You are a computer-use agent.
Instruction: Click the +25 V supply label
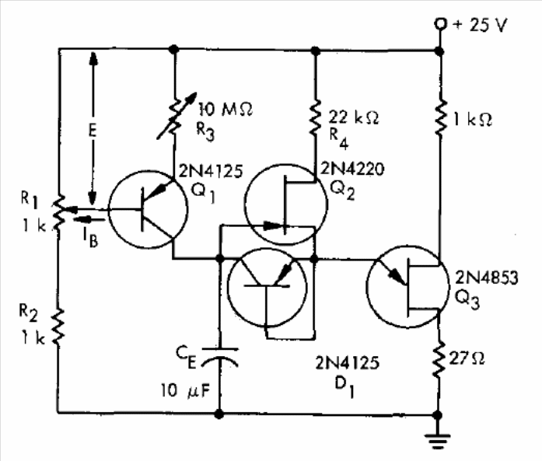[480, 25]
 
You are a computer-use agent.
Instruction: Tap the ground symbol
[438, 440]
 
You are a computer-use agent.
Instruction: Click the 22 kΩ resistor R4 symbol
[315, 118]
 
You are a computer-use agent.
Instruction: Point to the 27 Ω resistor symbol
[439, 359]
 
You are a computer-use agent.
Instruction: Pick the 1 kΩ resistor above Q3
[440, 117]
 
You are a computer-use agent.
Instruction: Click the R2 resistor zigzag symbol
[59, 327]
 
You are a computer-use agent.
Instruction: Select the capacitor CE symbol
[219, 357]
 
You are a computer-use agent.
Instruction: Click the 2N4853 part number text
[487, 278]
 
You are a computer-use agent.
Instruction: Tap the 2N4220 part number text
[352, 169]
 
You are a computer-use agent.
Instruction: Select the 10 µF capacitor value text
[185, 391]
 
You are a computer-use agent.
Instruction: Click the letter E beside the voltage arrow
[92, 131]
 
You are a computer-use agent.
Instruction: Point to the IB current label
[90, 238]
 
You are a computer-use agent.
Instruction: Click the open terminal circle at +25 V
[440, 24]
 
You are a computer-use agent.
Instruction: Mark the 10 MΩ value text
[226, 109]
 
